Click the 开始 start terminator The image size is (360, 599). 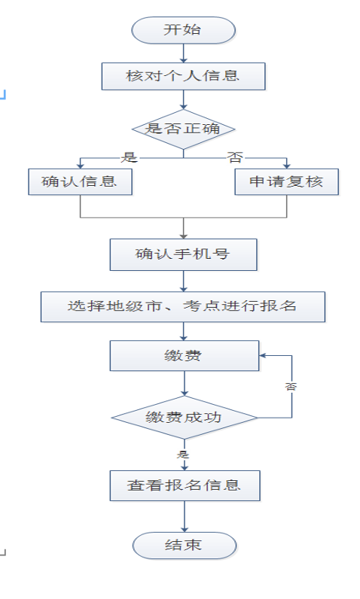point(184,30)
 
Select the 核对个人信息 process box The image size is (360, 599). point(184,77)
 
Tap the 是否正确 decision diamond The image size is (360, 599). point(184,129)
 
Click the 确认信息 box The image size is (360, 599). point(81,182)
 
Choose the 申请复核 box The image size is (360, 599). point(287,182)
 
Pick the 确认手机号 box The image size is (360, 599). point(184,255)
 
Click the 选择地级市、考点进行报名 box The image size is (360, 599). point(183,307)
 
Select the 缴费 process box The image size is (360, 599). point(185,356)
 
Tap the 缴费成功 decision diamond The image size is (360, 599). point(185,418)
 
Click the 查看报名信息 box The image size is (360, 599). point(185,485)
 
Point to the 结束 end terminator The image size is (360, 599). point(185,546)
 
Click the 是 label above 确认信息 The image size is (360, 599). point(130,157)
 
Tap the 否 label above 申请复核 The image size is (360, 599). point(235,157)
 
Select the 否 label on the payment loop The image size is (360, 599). point(291,387)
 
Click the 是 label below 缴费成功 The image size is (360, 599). point(183,455)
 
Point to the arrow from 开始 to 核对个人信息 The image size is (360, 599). point(184,53)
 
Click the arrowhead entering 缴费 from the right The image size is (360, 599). point(262,356)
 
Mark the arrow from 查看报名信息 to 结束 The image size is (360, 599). point(185,516)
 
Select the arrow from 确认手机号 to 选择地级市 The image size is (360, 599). point(184,281)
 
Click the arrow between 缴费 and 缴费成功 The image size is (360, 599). point(185,383)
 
